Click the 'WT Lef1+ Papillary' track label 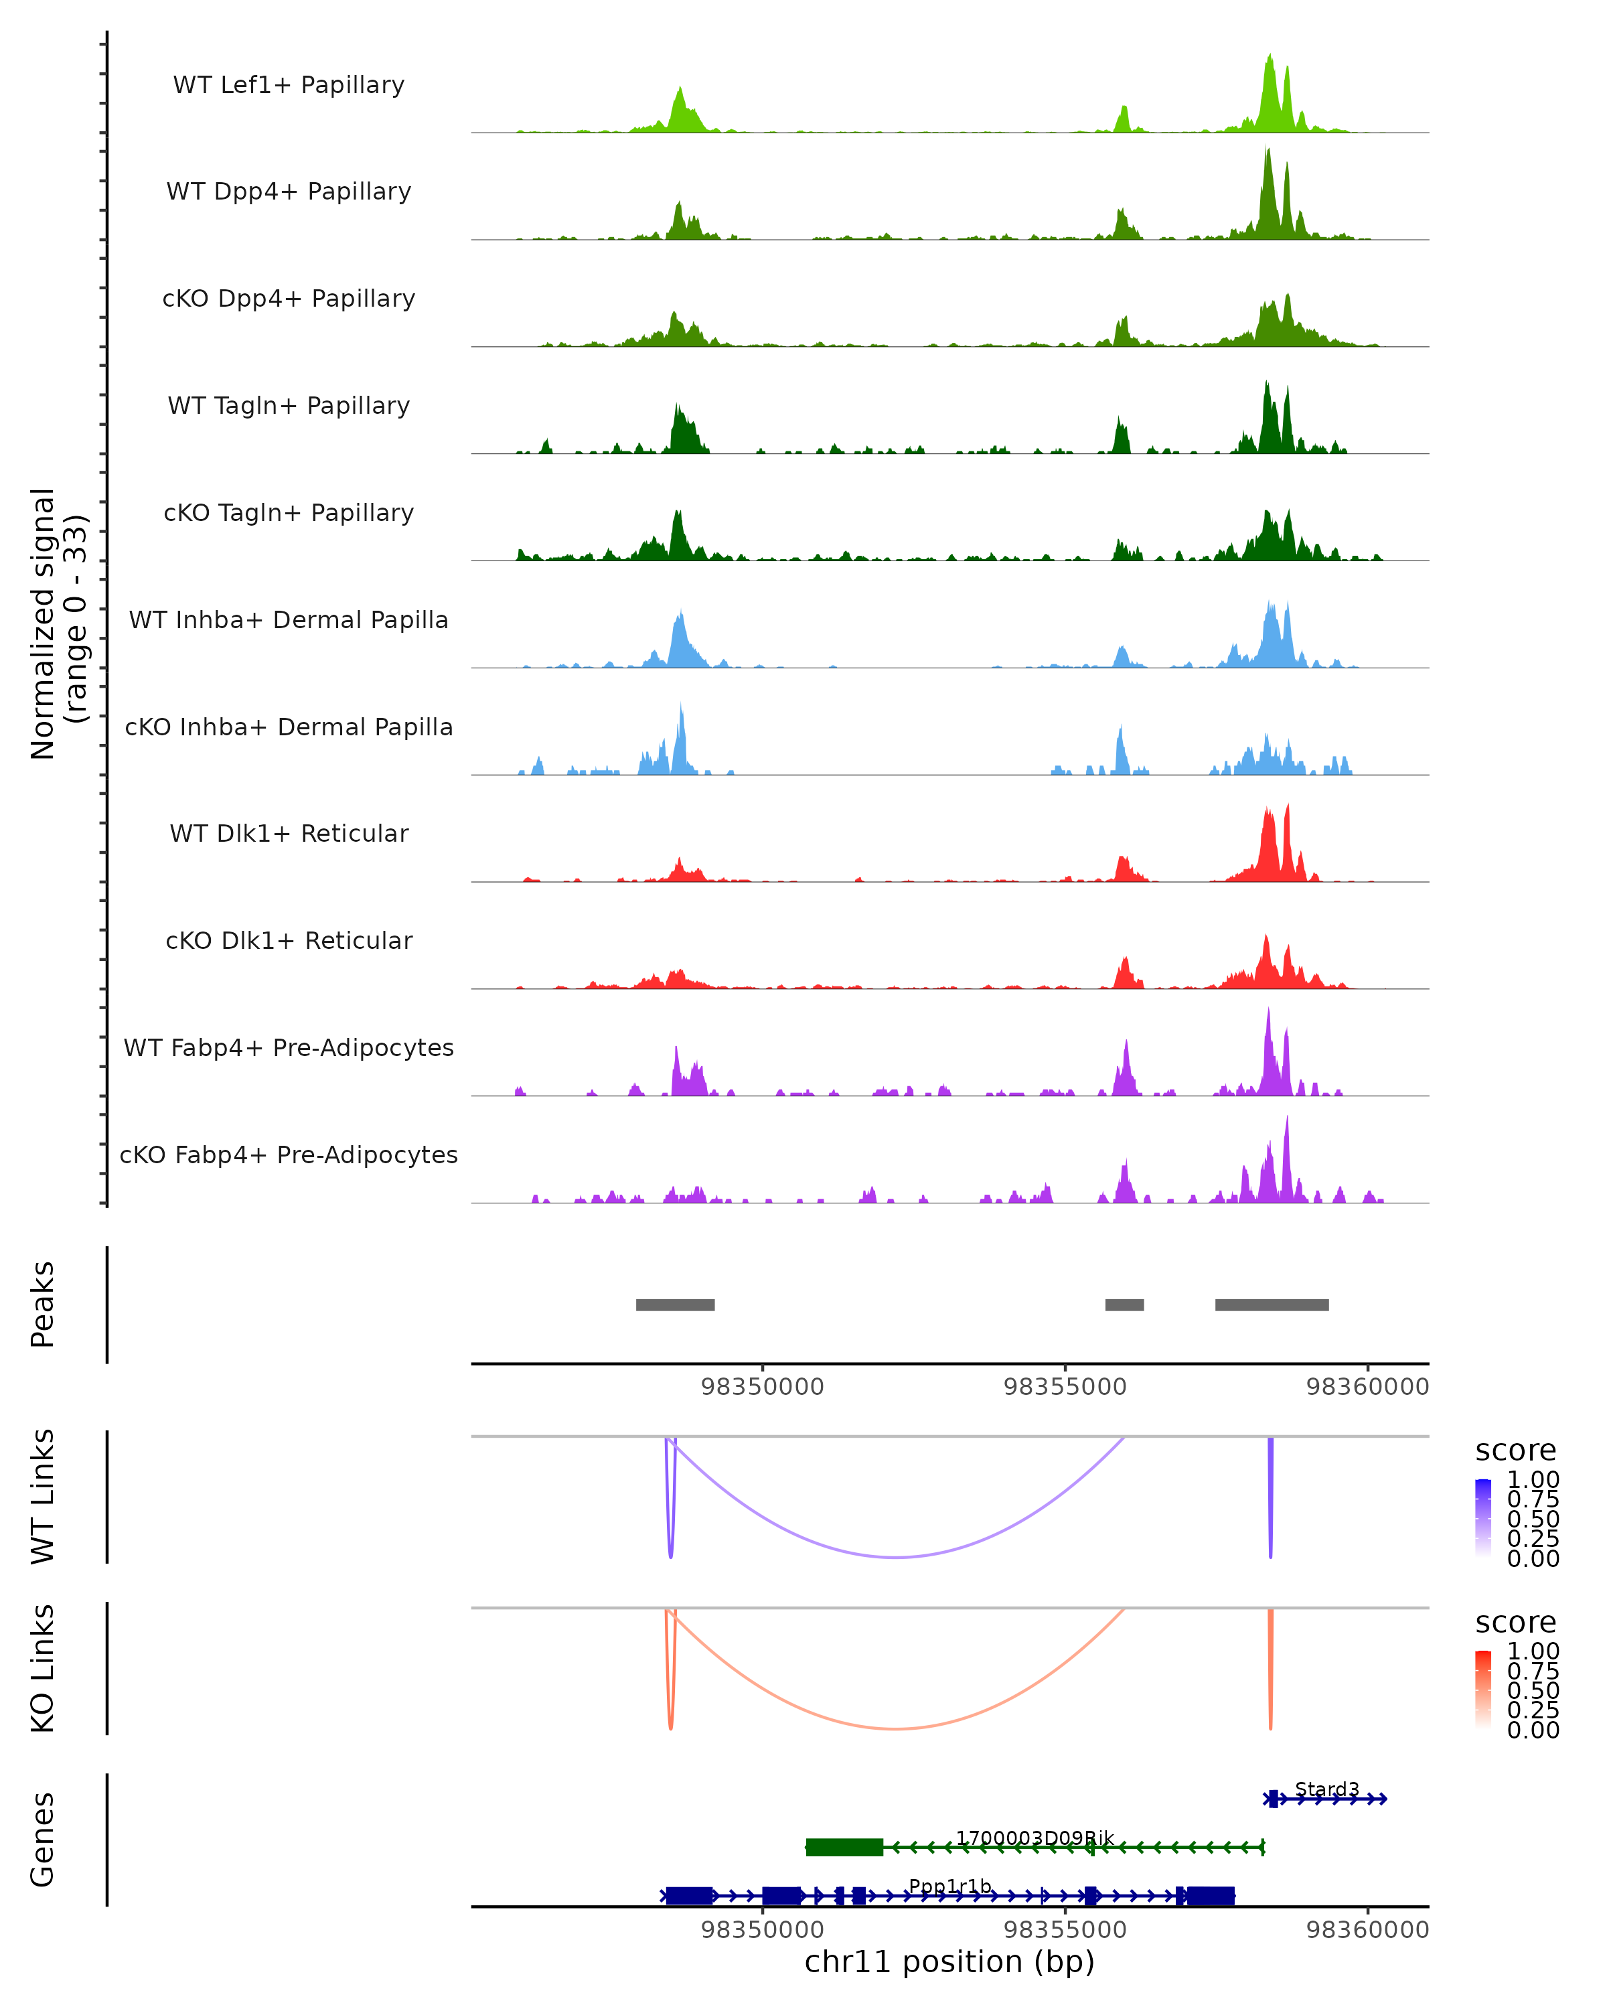tap(289, 86)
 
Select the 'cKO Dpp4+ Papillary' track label tap(289, 299)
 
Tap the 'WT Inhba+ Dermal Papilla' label tap(289, 621)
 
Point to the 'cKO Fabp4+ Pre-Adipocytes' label tap(289, 1155)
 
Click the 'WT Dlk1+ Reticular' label tap(289, 834)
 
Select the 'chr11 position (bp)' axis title tap(949, 1961)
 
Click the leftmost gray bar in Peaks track tap(676, 1305)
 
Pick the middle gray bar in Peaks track tap(1124, 1305)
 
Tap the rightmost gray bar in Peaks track tap(1272, 1305)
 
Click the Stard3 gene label tap(1326, 1789)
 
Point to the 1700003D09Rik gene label tap(1034, 1838)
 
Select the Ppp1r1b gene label tap(949, 1886)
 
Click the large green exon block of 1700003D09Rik tap(844, 1847)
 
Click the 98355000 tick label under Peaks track tap(1065, 1387)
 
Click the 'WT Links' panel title tap(43, 1497)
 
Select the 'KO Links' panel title tap(43, 1668)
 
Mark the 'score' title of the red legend tap(1516, 1623)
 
